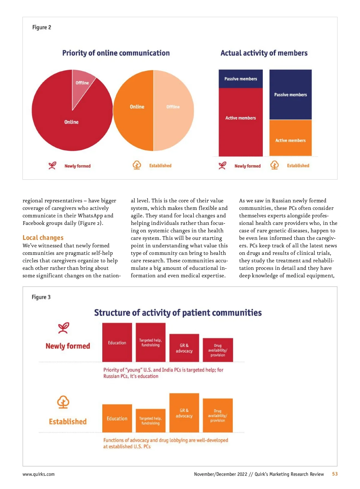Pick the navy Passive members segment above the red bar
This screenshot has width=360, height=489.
[241, 79]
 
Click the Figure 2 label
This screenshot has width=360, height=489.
[42, 27]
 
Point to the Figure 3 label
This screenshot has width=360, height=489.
[41, 297]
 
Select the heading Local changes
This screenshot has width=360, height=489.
[43, 238]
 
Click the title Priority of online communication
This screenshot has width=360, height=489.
[116, 53]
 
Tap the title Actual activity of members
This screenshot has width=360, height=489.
[264, 53]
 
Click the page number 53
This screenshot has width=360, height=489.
[335, 474]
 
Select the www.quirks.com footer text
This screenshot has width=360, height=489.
[38, 474]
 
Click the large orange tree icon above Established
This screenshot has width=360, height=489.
[63, 402]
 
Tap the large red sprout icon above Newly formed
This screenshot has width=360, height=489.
[63, 328]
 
